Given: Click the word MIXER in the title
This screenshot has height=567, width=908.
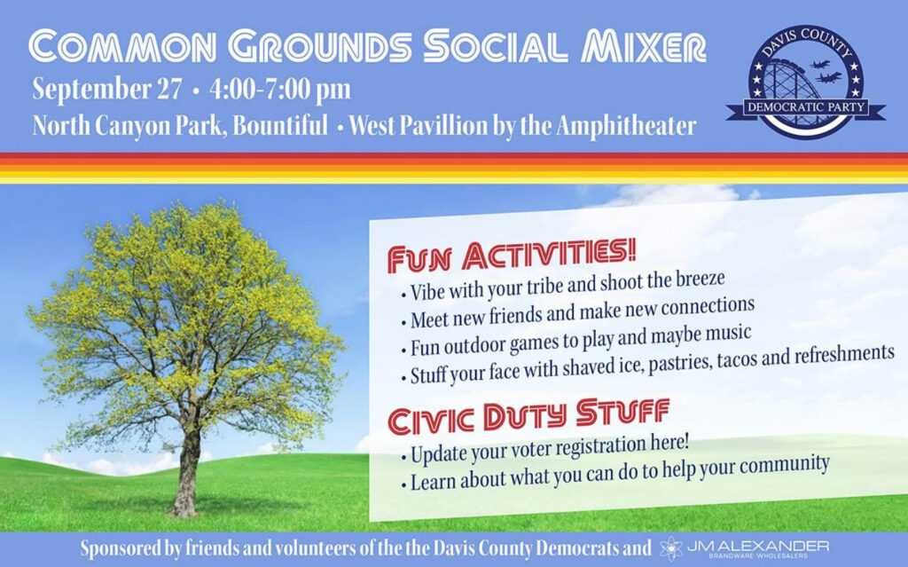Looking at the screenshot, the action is [x=644, y=46].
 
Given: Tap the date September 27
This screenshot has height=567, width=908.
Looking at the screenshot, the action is [x=107, y=90].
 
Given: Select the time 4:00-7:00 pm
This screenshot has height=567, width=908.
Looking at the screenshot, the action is [x=280, y=90].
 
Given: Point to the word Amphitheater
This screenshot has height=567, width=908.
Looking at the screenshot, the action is [x=626, y=125].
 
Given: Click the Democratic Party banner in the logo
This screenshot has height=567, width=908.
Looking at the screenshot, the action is [x=805, y=107].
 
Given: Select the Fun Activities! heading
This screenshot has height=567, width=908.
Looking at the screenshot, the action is [x=512, y=255].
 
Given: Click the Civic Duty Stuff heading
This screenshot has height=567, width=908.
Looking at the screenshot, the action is [x=528, y=415].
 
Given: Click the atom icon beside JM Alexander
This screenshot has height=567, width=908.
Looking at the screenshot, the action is [x=670, y=547].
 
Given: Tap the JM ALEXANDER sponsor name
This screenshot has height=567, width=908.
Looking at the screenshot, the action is [x=757, y=546].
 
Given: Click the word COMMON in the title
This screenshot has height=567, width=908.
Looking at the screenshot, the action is [x=122, y=46].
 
